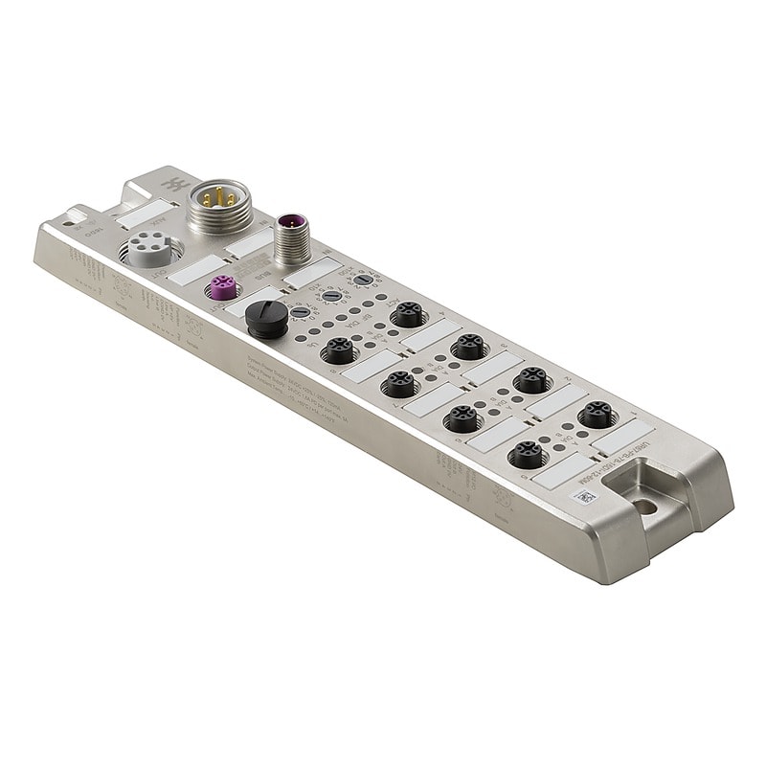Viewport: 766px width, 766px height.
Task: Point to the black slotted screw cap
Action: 265,316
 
